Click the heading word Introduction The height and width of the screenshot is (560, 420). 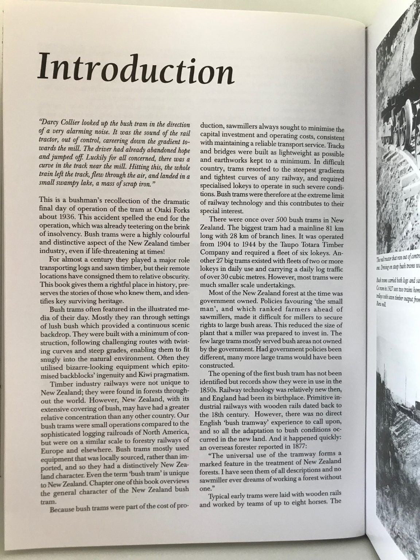click(135, 68)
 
